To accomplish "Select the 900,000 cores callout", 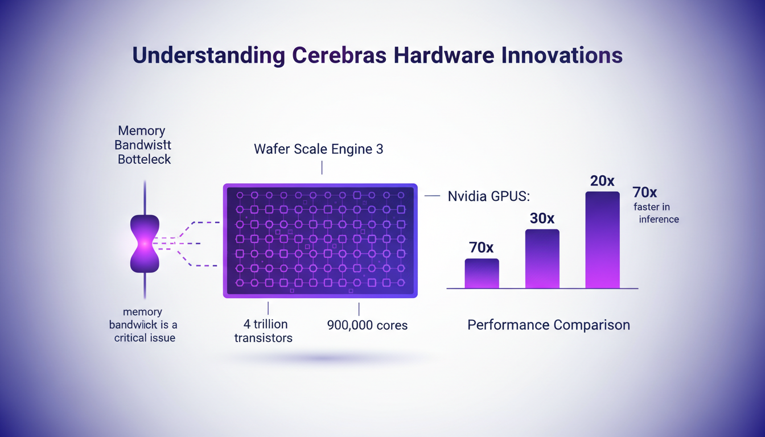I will pos(367,325).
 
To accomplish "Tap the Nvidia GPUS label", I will pos(488,196).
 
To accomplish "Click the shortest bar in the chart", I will pos(482,274).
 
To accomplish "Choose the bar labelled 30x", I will pos(542,259).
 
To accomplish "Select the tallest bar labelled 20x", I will pos(602,240).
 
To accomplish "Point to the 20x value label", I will pos(602,181).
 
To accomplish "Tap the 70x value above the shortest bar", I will pos(482,248).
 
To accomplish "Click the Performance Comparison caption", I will pos(548,325).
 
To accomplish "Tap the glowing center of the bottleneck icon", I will pos(145,243).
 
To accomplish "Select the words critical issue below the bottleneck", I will pos(145,337).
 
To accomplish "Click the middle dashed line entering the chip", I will pos(182,244).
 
